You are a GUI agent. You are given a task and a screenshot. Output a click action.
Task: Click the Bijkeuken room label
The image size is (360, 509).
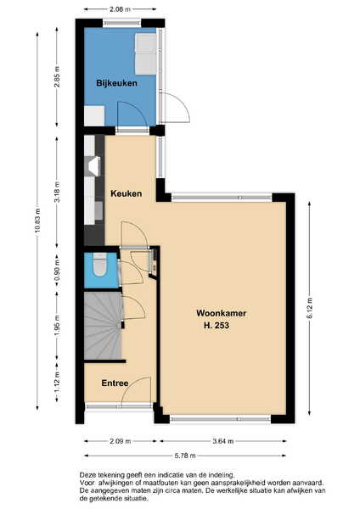[116, 83]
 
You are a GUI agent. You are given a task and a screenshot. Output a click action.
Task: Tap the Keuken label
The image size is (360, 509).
[126, 193]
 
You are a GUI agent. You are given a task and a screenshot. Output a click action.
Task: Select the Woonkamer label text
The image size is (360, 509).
[222, 313]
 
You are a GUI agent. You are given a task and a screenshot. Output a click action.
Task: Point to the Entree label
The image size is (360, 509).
[115, 383]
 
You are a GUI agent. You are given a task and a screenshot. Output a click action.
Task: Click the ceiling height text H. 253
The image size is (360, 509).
[217, 325]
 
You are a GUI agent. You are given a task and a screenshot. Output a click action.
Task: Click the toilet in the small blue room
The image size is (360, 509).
[99, 266]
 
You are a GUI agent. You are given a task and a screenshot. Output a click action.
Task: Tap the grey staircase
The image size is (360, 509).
[104, 326]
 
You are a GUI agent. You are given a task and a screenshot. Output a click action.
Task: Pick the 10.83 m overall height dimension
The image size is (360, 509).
[37, 221]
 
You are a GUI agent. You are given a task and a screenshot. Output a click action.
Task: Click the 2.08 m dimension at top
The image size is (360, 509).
[120, 9]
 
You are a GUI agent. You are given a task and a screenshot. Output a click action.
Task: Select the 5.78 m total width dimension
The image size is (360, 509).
[185, 456]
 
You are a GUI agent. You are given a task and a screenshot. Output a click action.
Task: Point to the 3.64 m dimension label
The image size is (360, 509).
[223, 441]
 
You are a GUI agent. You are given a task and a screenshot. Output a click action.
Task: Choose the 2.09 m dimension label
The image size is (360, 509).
[121, 441]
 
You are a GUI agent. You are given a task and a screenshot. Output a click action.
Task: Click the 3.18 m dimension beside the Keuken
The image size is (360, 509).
[57, 192]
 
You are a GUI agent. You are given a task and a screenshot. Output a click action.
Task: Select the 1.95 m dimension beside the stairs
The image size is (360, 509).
[57, 326]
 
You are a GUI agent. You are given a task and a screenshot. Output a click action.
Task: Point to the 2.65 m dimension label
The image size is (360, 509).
[57, 76]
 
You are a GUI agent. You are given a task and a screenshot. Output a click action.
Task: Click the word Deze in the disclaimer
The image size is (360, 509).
[87, 475]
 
